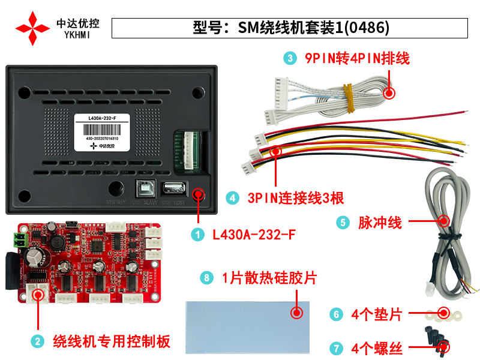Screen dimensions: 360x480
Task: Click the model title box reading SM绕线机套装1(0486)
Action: click(290, 28)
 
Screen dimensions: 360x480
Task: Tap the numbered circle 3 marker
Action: click(291, 58)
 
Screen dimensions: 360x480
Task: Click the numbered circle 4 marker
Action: click(232, 198)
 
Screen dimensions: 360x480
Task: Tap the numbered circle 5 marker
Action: click(343, 222)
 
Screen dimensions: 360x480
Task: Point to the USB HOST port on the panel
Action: click(172, 187)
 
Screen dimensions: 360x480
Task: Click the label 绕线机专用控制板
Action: click(112, 341)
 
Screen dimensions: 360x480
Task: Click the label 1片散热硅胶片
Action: click(269, 278)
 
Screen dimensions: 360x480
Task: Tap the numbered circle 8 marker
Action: click(207, 278)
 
